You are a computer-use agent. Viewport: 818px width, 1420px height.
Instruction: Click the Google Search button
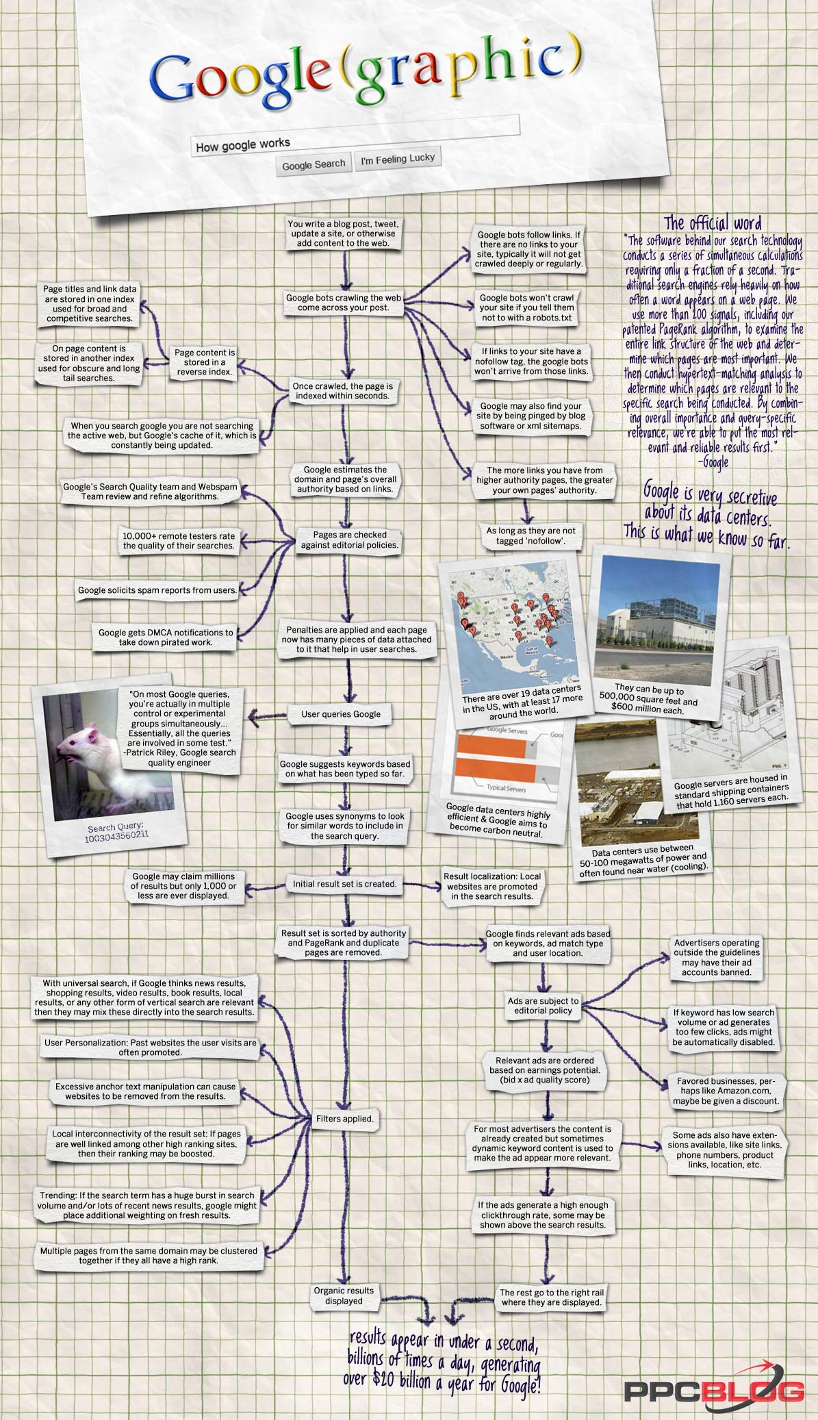314,164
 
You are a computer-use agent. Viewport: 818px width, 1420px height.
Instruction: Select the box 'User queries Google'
341,714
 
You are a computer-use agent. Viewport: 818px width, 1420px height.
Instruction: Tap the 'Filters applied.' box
345,1119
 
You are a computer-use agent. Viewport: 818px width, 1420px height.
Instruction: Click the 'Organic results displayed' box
344,1295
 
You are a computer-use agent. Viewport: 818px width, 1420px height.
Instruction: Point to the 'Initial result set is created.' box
345,884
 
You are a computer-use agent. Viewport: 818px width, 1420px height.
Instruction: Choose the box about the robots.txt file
526,308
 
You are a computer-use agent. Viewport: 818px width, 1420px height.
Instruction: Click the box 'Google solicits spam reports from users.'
157,590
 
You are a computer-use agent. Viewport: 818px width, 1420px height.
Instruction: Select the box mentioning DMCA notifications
166,637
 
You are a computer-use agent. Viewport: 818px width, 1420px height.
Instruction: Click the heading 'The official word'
713,223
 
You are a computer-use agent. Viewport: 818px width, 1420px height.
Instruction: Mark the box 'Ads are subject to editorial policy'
544,1005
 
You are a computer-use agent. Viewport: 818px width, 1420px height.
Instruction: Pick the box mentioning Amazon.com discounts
726,1091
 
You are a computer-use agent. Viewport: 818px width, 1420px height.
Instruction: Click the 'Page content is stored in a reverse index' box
205,362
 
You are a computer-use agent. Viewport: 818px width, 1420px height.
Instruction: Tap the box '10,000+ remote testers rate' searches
179,541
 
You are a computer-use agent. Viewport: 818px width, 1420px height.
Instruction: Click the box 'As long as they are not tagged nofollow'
531,535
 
